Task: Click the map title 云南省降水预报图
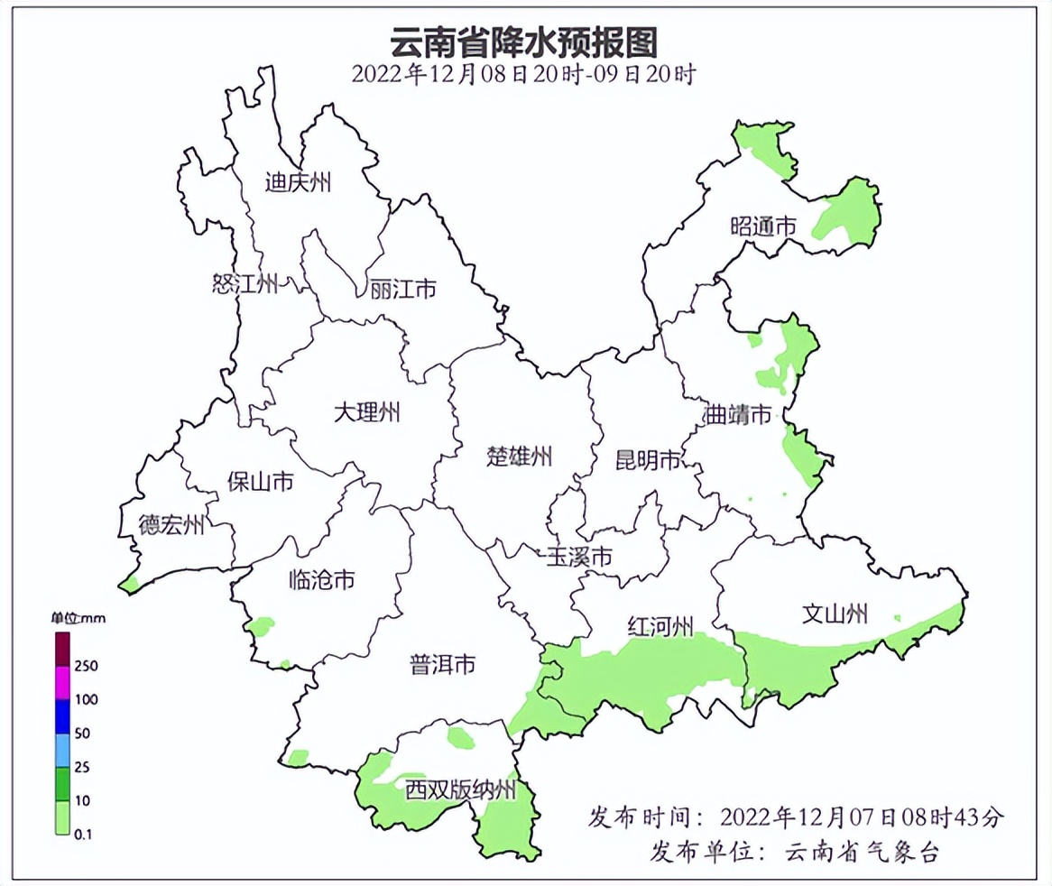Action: [x=522, y=42]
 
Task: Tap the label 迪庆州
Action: [x=299, y=183]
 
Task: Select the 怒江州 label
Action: [x=245, y=285]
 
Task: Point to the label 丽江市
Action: [x=403, y=291]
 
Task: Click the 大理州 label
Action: [x=366, y=413]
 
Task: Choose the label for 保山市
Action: [x=260, y=482]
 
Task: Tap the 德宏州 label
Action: [x=171, y=525]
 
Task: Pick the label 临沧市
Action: [x=321, y=579]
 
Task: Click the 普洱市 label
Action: [x=442, y=666]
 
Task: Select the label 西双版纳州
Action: [x=460, y=791]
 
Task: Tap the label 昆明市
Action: [x=648, y=461]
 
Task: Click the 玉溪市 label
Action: [x=579, y=557]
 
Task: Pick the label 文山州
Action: [x=835, y=614]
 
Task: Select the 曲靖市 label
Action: [x=738, y=415]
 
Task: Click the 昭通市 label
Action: [x=763, y=226]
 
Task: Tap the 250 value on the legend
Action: [x=87, y=666]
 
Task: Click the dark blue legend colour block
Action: [x=63, y=716]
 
